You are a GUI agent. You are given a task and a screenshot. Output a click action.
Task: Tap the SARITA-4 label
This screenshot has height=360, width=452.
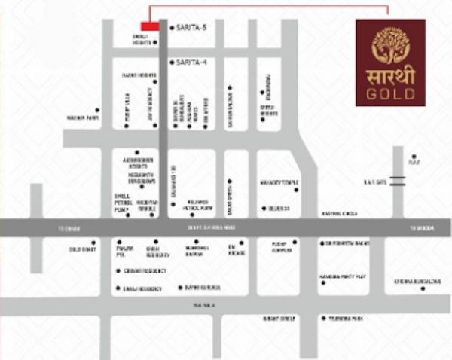191,62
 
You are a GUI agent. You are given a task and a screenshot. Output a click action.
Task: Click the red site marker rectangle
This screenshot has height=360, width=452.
150,26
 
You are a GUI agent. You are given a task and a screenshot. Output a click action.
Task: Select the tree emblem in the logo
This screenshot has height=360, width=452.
390,46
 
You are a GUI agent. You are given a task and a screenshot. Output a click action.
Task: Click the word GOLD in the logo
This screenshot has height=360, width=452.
390,94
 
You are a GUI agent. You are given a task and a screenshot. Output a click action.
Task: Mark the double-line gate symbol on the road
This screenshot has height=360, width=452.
397,181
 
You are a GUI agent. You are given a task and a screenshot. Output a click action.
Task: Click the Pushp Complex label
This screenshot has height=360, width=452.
279,247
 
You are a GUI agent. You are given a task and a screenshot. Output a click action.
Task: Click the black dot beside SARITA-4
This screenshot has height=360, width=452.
172,62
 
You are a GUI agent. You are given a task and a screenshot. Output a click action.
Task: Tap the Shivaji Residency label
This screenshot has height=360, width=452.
142,288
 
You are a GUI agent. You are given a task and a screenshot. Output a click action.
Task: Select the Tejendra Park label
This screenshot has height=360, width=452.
348,319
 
